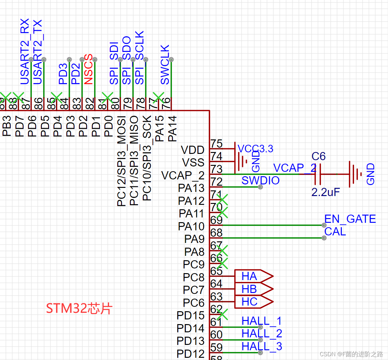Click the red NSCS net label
point(89,69)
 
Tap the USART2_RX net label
point(25,51)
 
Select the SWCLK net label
point(165,65)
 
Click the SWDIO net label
point(260,181)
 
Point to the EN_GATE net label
point(350,219)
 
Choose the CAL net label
point(335,232)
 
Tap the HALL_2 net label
point(262,334)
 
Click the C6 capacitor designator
point(319,156)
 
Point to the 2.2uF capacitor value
point(325,192)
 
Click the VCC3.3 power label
point(255,149)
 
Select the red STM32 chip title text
point(79,308)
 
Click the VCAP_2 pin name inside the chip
point(183,175)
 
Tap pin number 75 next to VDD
point(216,144)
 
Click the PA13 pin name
point(191,188)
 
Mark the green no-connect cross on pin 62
point(222,314)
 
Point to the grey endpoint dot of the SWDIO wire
point(260,187)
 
